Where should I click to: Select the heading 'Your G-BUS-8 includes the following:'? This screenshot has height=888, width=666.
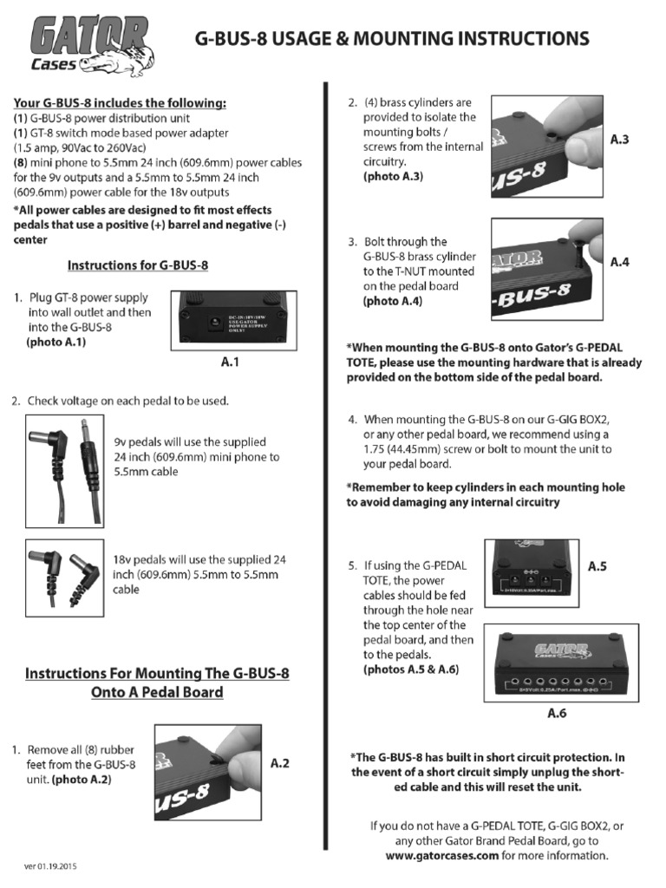pos(120,103)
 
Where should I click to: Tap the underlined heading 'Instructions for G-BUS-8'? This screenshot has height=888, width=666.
pos(138,265)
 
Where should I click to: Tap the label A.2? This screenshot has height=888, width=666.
pos(279,763)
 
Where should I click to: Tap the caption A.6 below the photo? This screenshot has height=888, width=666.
pos(556,714)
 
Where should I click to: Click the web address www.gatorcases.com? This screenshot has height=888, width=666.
pos(441,854)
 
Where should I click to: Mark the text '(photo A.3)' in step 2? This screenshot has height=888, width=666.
pos(393,176)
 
